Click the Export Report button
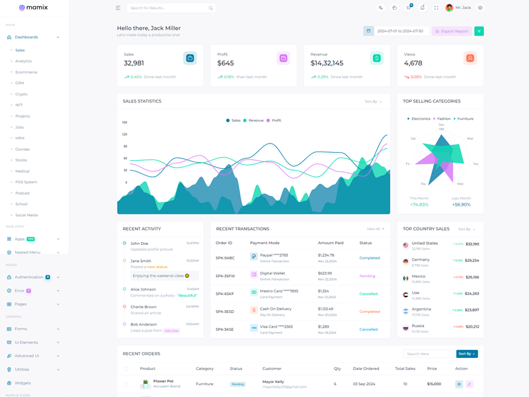click(x=452, y=31)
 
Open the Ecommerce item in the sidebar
click(x=26, y=72)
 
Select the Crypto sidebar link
click(x=21, y=94)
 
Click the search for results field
click(x=169, y=8)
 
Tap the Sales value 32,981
click(x=134, y=64)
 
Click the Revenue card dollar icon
click(x=376, y=58)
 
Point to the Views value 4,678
click(x=413, y=64)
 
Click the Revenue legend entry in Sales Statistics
click(x=255, y=120)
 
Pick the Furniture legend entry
click(x=465, y=119)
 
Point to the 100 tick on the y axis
click(x=124, y=122)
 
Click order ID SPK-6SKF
click(x=225, y=294)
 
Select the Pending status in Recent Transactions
click(x=367, y=276)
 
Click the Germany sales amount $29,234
click(x=472, y=261)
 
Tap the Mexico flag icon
click(x=405, y=278)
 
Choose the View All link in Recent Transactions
click(x=375, y=229)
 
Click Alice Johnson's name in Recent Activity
click(x=143, y=289)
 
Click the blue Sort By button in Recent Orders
click(x=467, y=354)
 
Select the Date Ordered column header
click(x=366, y=369)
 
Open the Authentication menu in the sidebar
click(x=29, y=277)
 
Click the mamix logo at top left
click(x=33, y=8)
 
